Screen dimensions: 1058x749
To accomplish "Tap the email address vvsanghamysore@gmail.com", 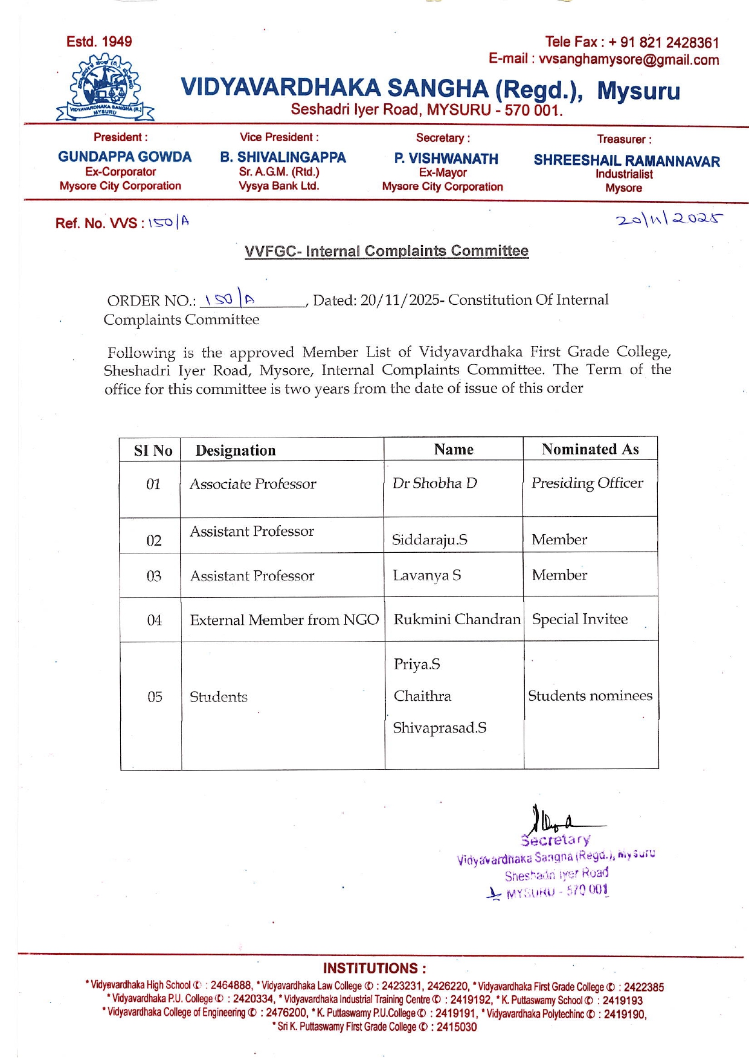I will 629,60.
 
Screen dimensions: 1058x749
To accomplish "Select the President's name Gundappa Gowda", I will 124,157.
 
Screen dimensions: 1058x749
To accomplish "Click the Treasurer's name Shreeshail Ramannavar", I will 626,161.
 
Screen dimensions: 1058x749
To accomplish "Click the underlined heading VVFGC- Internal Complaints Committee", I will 387,251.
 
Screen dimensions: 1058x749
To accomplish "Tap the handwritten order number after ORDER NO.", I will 230,299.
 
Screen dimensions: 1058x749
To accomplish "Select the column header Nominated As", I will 590,449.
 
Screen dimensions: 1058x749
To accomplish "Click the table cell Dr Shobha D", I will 434,483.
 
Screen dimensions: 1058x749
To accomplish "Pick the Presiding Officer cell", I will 587,483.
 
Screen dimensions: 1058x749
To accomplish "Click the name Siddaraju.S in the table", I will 429,540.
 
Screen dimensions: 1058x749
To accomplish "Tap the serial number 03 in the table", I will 154,576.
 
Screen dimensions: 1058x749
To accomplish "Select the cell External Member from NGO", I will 284,620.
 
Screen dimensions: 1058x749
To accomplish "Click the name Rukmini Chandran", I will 457,619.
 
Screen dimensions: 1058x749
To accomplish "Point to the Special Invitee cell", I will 580,619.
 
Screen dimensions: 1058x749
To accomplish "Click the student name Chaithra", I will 422,696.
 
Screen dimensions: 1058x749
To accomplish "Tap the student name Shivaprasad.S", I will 439,728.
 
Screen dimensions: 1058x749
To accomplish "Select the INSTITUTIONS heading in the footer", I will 374,968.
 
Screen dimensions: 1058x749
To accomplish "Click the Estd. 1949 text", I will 99,42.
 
